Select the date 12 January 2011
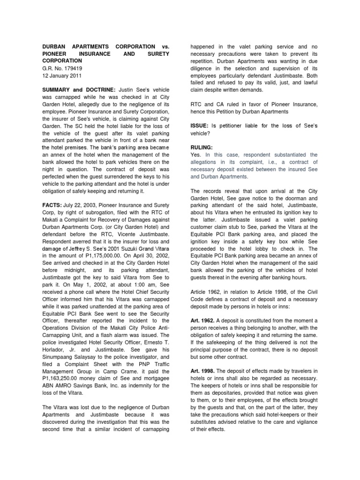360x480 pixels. point(59,75)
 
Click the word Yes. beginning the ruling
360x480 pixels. point(195,155)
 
